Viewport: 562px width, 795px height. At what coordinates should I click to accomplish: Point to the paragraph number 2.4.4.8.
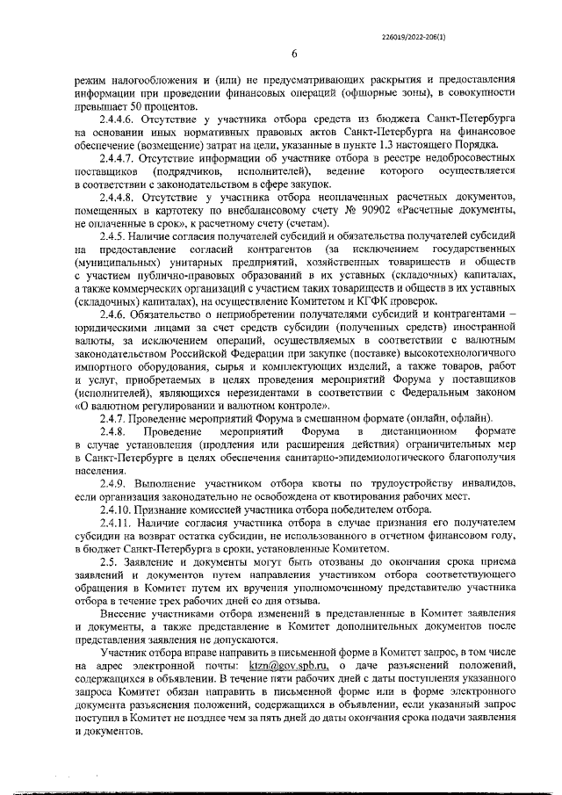coord(122,198)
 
